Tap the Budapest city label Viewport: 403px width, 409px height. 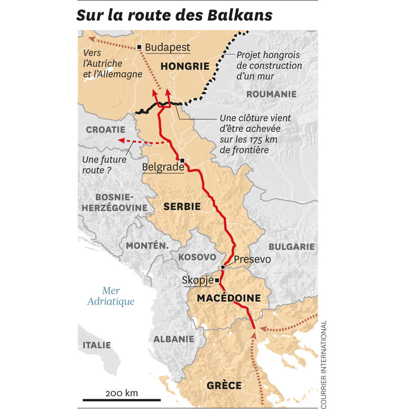tap(167, 47)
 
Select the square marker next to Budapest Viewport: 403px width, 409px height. tap(139, 47)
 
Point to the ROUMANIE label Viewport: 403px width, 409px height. tap(271, 94)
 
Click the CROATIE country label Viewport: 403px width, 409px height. tap(105, 129)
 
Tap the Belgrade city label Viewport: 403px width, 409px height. tap(162, 168)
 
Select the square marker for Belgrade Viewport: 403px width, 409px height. tap(182, 160)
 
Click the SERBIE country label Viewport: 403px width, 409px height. tap(182, 207)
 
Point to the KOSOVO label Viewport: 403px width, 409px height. tap(197, 257)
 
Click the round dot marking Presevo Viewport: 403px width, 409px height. tap(223, 267)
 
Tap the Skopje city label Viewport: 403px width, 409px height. tap(197, 280)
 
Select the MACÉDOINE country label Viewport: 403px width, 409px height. tap(229, 298)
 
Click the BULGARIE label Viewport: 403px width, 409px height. tap(291, 246)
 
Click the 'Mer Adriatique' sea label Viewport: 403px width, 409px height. tap(111, 296)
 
